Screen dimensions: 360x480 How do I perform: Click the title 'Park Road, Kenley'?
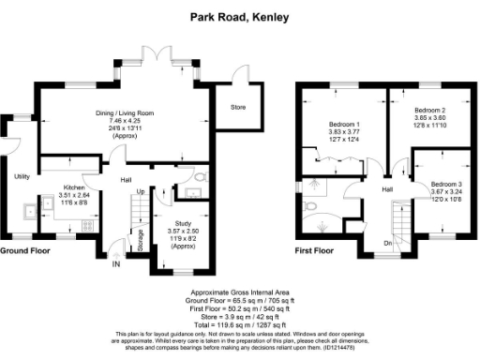coord(239,16)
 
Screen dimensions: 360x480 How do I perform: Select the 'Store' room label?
coord(237,108)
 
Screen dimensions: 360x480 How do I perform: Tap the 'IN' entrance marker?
coord(117,264)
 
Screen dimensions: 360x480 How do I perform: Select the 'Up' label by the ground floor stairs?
coord(141,192)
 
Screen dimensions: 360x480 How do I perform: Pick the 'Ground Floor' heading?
coord(25,252)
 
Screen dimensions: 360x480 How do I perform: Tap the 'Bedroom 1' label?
coord(344,124)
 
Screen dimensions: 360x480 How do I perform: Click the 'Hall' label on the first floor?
coord(386,189)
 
